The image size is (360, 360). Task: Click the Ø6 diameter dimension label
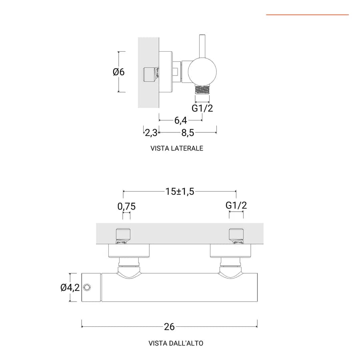click(x=119, y=72)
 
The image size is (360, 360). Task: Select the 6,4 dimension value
click(x=181, y=120)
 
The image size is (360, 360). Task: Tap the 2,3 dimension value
click(x=151, y=133)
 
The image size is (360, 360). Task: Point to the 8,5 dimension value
click(x=188, y=133)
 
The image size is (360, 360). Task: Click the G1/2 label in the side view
click(x=202, y=108)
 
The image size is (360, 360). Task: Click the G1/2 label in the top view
click(x=236, y=205)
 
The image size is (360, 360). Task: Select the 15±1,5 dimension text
click(x=180, y=191)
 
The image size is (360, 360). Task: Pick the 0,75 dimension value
click(x=126, y=206)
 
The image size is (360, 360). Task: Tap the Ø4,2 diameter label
click(x=70, y=288)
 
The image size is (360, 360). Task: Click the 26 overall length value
click(x=170, y=327)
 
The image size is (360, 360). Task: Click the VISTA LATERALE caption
click(x=177, y=148)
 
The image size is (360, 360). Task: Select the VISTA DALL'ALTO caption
click(x=176, y=343)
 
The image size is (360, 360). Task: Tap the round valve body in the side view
click(x=202, y=72)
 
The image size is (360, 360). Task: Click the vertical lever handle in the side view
click(x=202, y=46)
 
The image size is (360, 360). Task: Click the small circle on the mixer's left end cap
click(x=87, y=288)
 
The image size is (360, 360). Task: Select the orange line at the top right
click(x=308, y=15)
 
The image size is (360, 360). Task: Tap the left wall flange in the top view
click(x=129, y=251)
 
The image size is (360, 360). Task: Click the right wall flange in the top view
click(x=230, y=251)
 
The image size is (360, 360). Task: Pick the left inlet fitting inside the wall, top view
click(x=123, y=236)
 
